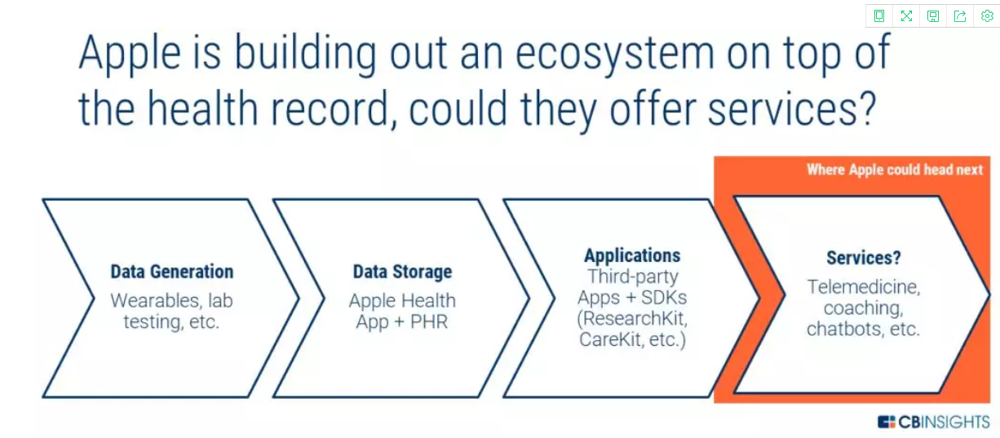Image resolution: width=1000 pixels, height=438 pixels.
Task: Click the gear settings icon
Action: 987,16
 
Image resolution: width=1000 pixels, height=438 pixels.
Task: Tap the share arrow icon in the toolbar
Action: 960,16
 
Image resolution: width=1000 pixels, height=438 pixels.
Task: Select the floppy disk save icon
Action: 933,16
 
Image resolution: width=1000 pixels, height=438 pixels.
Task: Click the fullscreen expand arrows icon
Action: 906,16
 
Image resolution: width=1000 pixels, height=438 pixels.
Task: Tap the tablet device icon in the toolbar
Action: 879,16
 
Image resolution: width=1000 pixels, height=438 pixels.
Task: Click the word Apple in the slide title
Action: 130,55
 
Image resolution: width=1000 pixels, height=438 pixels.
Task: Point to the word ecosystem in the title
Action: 615,55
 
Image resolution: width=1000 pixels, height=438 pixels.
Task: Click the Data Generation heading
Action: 172,272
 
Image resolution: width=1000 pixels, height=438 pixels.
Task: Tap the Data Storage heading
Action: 402,272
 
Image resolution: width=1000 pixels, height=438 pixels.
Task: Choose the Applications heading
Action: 632,255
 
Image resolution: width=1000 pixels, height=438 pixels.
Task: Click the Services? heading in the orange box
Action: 864,258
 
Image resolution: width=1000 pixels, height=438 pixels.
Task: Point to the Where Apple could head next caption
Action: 895,170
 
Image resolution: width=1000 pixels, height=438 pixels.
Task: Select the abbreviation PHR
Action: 429,321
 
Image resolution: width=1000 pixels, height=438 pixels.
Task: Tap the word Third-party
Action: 633,277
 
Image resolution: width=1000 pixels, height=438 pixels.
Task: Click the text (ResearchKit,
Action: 632,319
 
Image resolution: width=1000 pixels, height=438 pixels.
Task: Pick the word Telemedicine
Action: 864,287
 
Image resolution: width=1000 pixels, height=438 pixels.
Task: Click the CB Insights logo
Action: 933,422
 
